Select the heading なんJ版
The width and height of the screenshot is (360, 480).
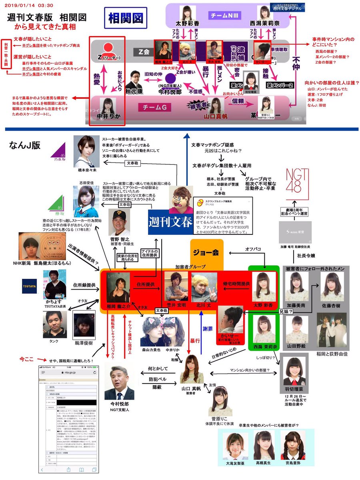(x=24, y=145)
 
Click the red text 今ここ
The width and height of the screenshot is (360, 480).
(x=28, y=359)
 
